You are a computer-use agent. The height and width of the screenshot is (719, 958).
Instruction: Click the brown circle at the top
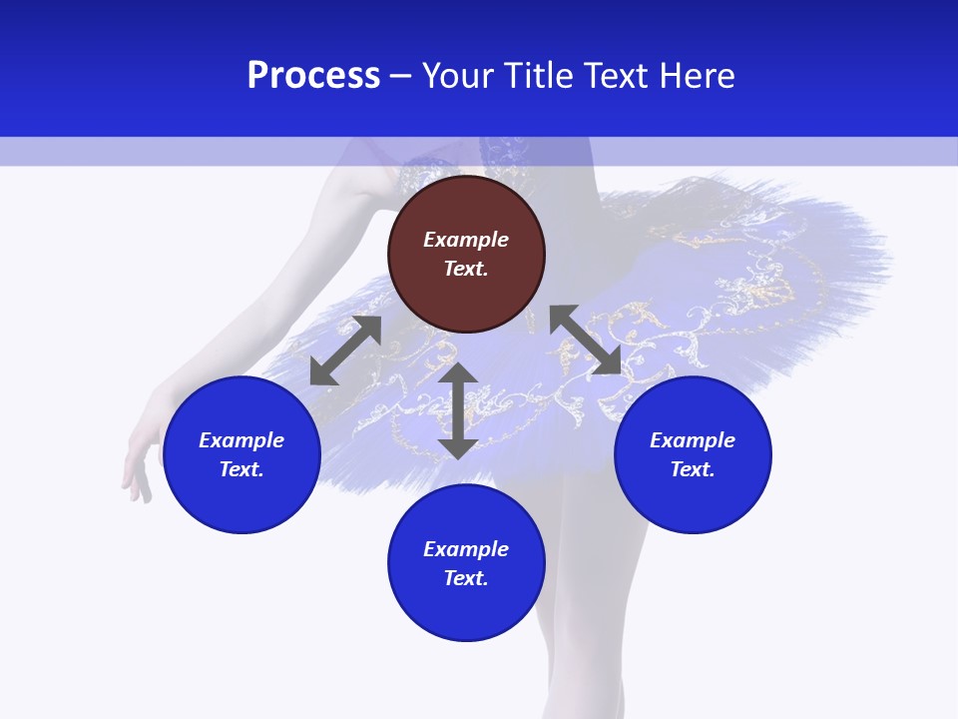(466, 255)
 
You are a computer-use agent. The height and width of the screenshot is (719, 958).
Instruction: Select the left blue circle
(241, 454)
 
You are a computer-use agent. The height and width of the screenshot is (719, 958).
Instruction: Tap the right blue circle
(693, 454)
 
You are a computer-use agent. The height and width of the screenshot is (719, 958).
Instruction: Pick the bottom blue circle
(466, 563)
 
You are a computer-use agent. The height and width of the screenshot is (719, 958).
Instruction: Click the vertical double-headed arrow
(458, 410)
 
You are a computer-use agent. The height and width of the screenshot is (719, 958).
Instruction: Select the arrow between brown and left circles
(345, 351)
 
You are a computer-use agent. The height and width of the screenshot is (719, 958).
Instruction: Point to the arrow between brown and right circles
(585, 341)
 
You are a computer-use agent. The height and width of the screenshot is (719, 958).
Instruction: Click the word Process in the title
(313, 76)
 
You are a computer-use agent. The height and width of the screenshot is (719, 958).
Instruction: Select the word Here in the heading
(698, 76)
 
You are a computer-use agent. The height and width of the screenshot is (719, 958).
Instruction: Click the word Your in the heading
(460, 76)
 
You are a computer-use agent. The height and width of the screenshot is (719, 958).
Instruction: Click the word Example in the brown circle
(466, 240)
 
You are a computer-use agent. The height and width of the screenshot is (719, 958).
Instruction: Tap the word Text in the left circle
(241, 469)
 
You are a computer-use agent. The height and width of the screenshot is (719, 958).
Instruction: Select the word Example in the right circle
(693, 440)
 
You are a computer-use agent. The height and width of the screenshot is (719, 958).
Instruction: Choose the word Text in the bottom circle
(466, 578)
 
